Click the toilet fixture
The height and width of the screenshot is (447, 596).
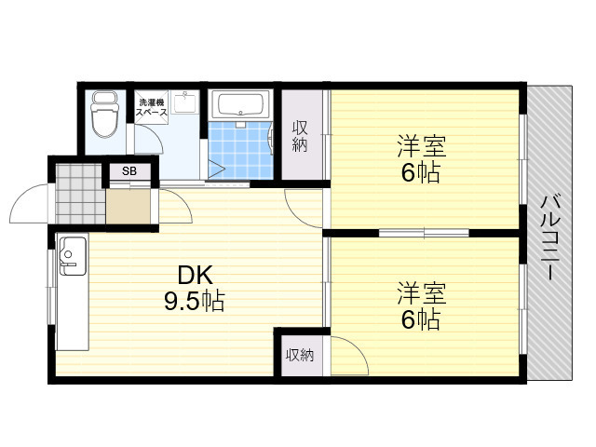coord(104,114)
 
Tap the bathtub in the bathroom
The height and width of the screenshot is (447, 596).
coord(240,103)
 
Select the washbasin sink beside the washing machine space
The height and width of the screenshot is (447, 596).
coord(185,102)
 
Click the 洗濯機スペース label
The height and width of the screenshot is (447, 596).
coord(151,107)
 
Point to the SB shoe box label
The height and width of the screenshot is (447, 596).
coord(129,171)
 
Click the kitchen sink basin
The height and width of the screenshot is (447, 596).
coord(73,254)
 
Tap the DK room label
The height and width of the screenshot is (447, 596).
coord(196,276)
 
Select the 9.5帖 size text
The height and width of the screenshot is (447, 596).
coord(195,302)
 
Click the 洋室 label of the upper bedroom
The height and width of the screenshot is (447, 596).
coord(422,146)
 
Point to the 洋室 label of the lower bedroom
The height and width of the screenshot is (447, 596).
coord(422,293)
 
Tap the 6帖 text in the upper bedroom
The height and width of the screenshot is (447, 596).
coord(421,173)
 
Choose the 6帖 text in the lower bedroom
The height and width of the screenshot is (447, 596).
coord(421,319)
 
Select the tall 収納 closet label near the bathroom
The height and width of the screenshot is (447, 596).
coord(300,137)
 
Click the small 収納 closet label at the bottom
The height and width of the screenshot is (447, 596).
coord(300,355)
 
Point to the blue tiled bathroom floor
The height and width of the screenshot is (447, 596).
coord(240,150)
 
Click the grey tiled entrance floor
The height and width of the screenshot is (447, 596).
coord(80,194)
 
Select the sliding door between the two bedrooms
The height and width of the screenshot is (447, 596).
coord(424,232)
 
